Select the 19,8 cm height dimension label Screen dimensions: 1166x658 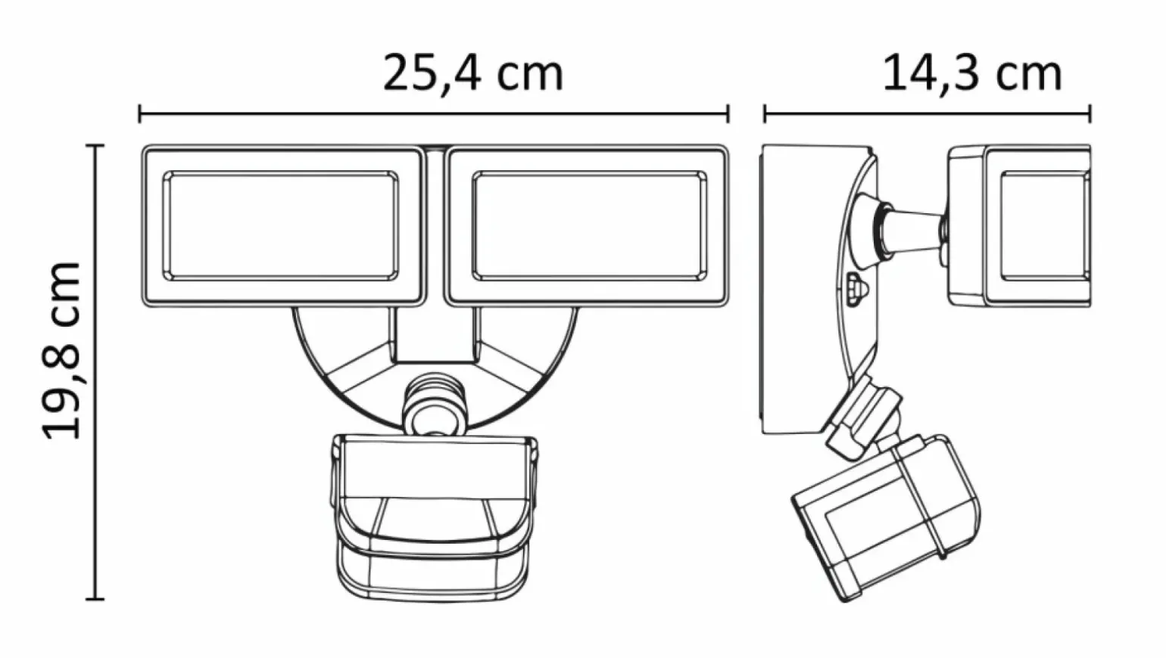(x=62, y=351)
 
